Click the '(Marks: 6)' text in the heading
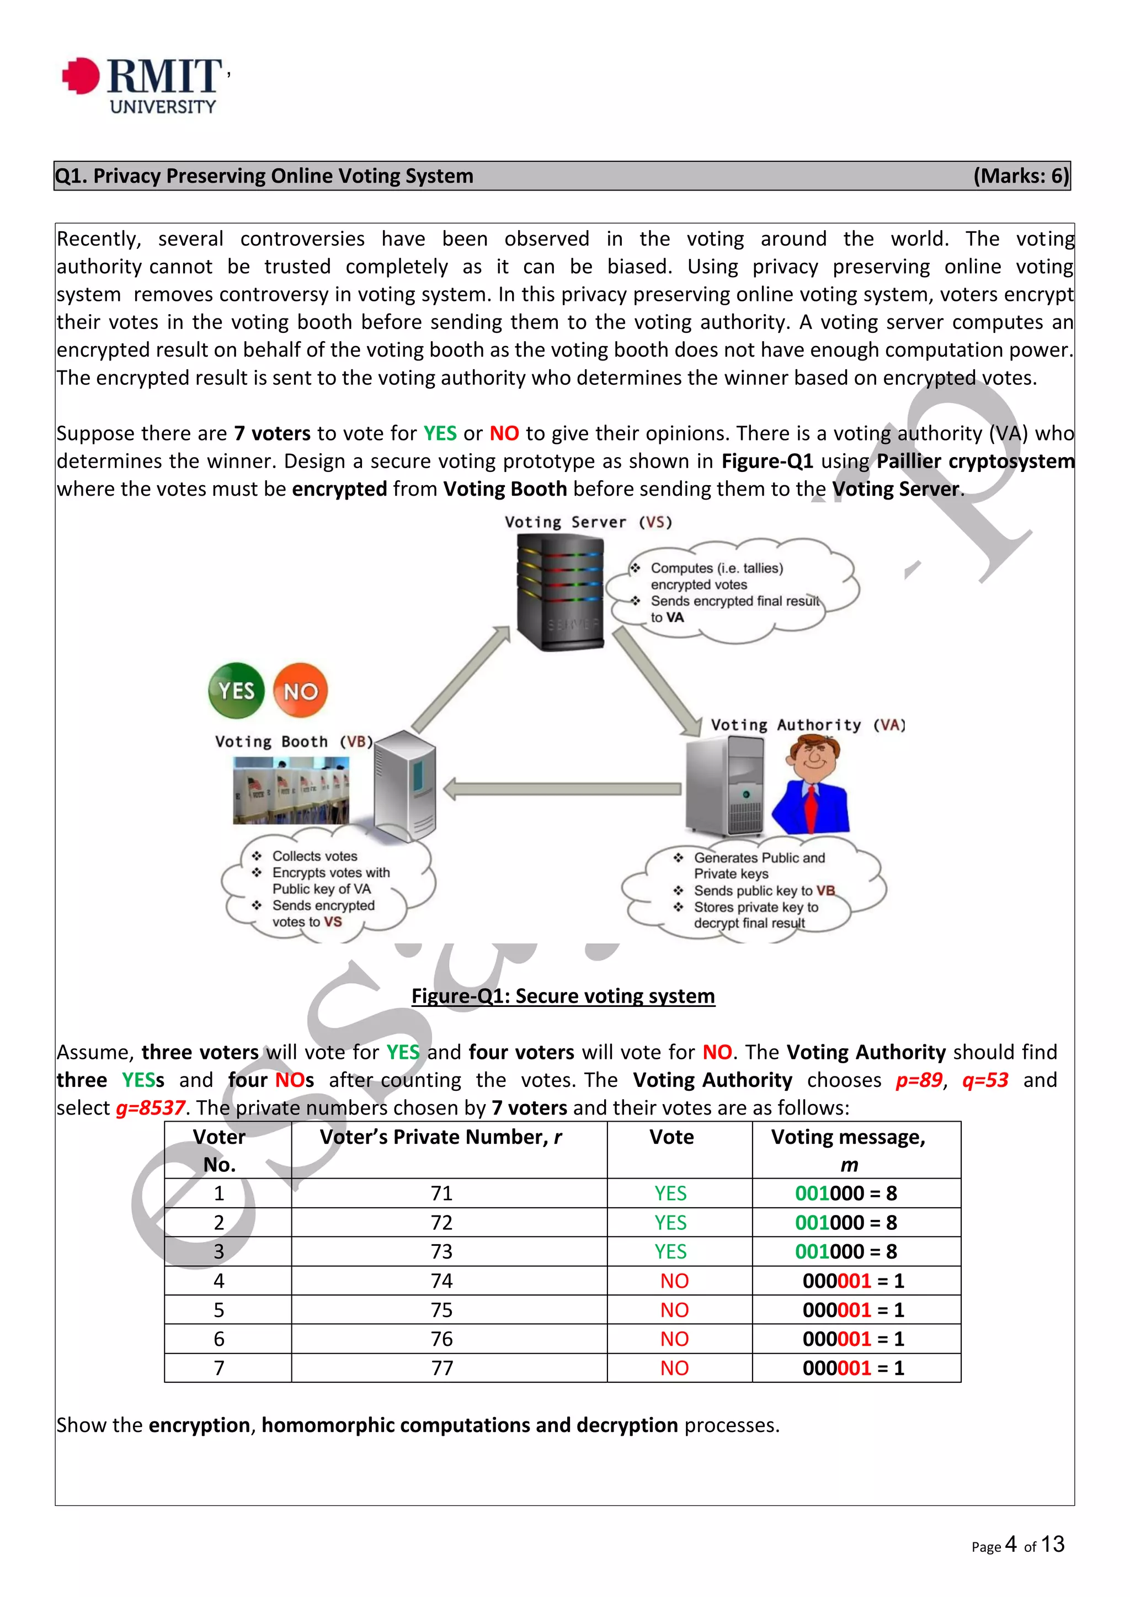[1020, 176]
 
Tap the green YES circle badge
[237, 690]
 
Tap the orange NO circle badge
[301, 691]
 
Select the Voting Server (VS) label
[588, 522]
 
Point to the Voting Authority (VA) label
[808, 725]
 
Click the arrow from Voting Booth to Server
[460, 679]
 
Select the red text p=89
[919, 1080]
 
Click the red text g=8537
[150, 1107]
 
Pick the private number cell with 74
[441, 1280]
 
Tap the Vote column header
[671, 1137]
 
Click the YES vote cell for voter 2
[670, 1223]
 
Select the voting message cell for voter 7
[853, 1368]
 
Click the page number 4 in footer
[1011, 1544]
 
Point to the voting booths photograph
[291, 790]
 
